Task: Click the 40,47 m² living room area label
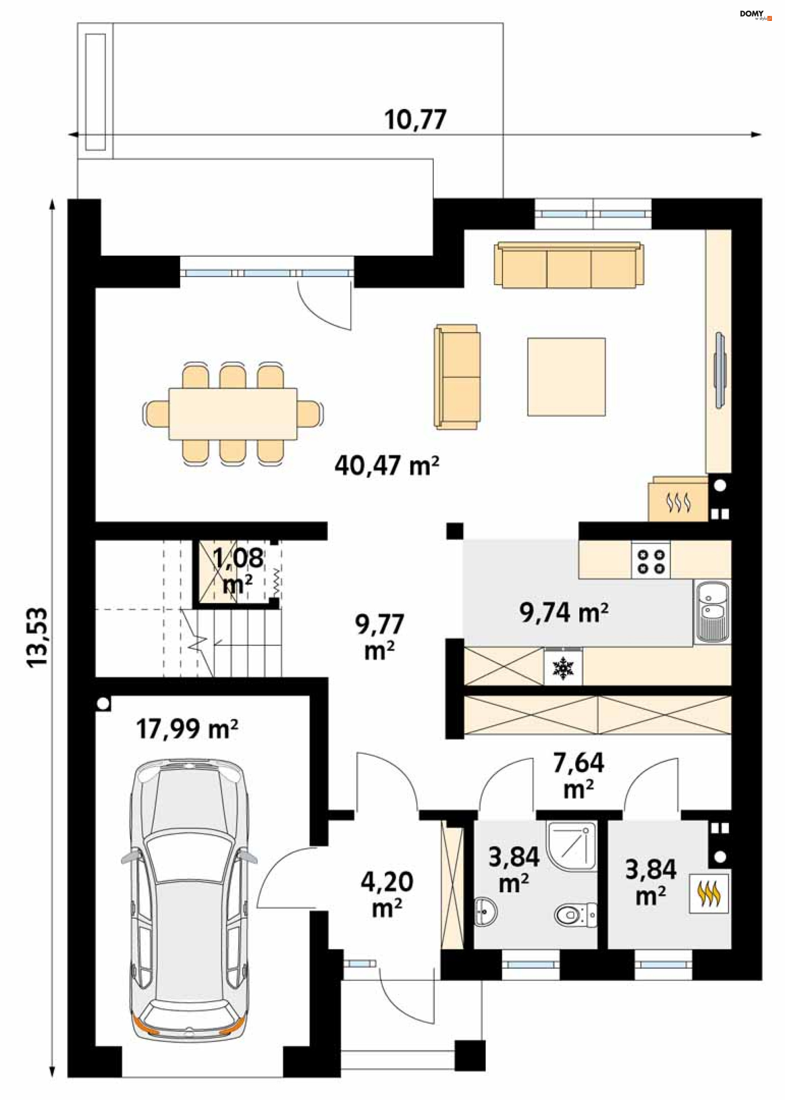387,466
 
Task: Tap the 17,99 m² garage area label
187,729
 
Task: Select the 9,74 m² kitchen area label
564,613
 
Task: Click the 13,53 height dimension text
38,638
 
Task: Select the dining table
233,414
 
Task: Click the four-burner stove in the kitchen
650,560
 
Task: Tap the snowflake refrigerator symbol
563,668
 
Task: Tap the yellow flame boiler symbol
709,893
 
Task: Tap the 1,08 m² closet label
238,571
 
